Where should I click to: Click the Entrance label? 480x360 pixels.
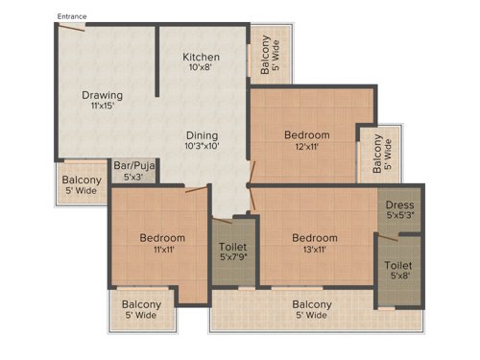[73, 16]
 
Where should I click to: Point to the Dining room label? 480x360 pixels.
[202, 135]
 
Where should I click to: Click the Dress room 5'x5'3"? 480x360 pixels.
[399, 210]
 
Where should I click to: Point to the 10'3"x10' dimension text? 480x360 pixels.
[202, 147]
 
